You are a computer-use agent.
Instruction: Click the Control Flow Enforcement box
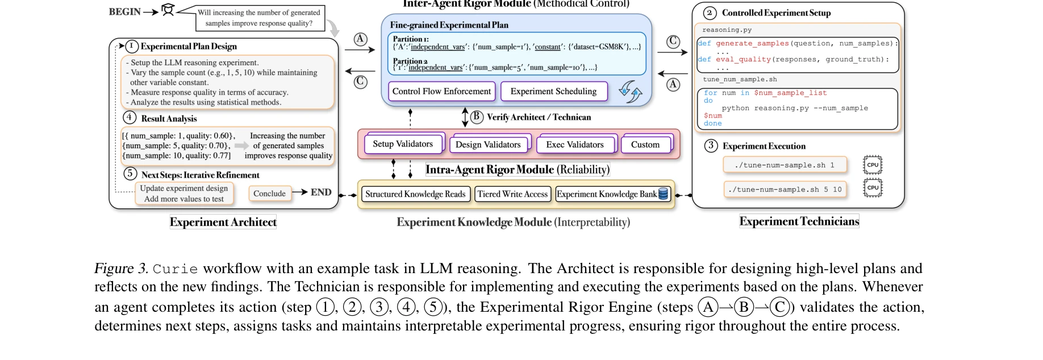(441, 91)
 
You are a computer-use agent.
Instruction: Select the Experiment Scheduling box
(553, 91)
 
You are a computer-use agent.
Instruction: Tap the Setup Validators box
(402, 144)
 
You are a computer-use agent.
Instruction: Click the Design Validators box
(488, 145)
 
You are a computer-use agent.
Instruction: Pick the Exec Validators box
(575, 145)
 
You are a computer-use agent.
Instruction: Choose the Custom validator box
(645, 145)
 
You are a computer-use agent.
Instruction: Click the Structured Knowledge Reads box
(415, 194)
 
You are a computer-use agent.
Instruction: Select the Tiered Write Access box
(512, 194)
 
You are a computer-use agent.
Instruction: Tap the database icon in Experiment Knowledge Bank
(663, 194)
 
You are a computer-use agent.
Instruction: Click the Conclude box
(269, 194)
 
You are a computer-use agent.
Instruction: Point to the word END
(321, 192)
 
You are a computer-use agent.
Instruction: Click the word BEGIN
(124, 11)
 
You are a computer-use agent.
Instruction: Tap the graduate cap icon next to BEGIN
(168, 10)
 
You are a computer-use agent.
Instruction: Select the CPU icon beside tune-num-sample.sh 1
(873, 165)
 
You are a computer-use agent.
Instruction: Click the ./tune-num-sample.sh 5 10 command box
(785, 190)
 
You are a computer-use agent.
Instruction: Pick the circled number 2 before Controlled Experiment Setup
(709, 12)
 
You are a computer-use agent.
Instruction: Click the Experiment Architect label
(223, 222)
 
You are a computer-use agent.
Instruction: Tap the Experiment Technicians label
(799, 221)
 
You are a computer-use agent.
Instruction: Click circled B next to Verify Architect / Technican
(476, 116)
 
